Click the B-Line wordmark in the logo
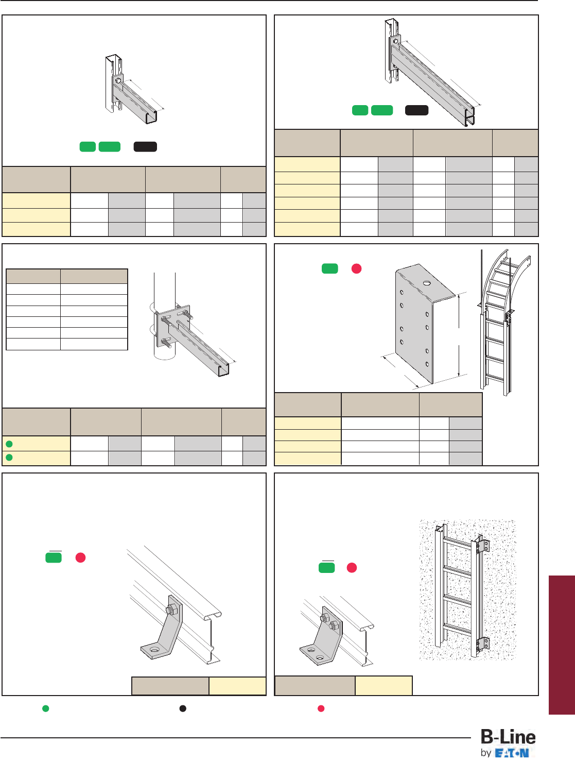click(x=508, y=737)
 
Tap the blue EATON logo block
click(x=512, y=753)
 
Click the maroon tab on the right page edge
click(x=562, y=645)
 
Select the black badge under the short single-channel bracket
click(x=145, y=147)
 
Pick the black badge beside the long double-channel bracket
click(x=416, y=110)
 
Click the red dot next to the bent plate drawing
click(x=356, y=268)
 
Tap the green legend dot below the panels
click(x=45, y=708)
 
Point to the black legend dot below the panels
click(x=183, y=708)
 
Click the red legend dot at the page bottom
click(x=321, y=708)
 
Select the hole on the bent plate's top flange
click(x=427, y=283)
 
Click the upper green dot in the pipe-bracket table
click(x=9, y=444)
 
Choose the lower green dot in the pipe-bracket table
click(x=9, y=458)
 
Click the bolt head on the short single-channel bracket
click(x=118, y=80)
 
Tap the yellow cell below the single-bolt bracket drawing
click(x=237, y=686)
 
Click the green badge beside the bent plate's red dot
click(x=329, y=268)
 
